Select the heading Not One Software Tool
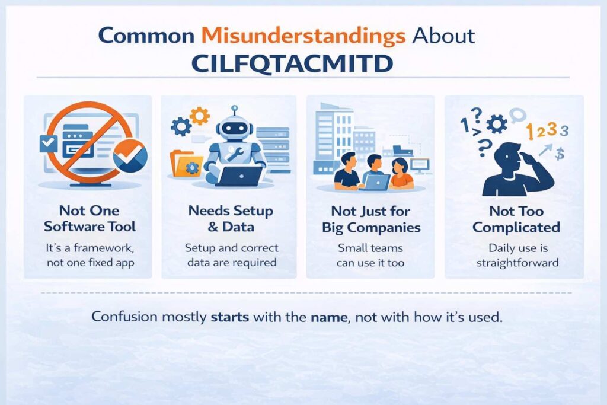tap(90, 218)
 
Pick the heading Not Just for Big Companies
tap(371, 219)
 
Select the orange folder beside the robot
tap(186, 162)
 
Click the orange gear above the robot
tap(200, 115)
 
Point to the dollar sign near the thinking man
tap(560, 154)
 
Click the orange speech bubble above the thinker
tap(518, 113)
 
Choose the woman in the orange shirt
tap(400, 173)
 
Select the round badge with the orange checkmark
tap(130, 155)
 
